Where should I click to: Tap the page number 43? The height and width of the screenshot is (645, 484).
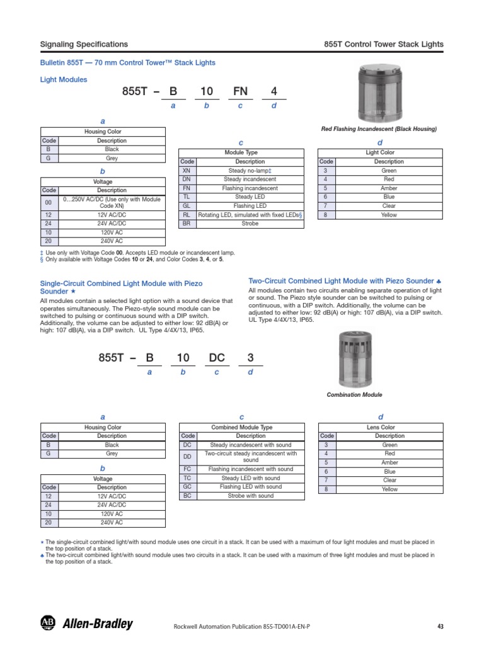pos(440,626)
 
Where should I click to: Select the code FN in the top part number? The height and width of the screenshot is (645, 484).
pos(240,92)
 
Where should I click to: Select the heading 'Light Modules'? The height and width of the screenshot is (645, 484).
pos(64,80)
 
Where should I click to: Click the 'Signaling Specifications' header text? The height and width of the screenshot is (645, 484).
pos(84,44)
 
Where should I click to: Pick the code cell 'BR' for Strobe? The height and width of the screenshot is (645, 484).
pos(186,224)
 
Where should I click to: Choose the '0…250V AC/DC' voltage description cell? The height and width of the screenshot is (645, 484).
pos(112,203)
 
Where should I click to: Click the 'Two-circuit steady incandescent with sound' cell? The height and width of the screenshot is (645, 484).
pos(250,457)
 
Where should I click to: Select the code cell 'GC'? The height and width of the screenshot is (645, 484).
pos(187,487)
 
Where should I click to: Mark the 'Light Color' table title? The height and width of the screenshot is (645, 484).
pos(380,153)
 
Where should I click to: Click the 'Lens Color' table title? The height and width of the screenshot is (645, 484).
pos(381,428)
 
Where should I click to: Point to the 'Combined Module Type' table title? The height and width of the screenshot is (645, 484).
pos(242,428)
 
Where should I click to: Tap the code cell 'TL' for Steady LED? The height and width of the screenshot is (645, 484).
pos(186,197)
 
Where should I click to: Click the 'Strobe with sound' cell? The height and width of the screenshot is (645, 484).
pos(250,496)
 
